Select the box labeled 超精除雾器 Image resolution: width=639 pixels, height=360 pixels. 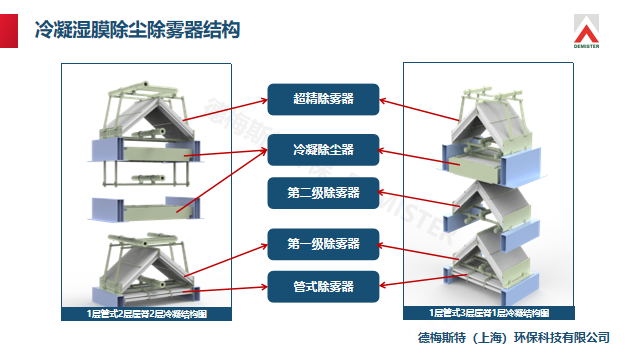pos(323,98)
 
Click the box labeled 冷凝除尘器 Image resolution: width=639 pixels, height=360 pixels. pos(323,150)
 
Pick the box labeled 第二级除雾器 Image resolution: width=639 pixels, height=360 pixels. pos(323,192)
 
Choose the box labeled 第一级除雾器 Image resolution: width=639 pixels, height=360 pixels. pos(323,244)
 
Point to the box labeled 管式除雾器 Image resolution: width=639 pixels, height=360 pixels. pos(323,286)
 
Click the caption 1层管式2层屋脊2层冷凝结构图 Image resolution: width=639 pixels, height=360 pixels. pos(147,314)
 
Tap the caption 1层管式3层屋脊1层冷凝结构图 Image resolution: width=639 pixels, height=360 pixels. pos(489,314)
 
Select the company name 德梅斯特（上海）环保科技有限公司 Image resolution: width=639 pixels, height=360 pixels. pos(514,336)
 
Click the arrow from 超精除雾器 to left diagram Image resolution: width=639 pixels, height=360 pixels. pos(226,109)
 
